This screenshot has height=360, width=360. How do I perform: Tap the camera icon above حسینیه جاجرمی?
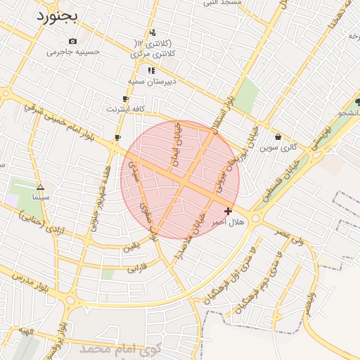73,41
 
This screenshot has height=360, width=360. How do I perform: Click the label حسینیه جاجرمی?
74,52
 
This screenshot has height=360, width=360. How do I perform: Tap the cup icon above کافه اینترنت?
125,99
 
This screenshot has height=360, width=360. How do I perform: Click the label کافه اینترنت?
125,109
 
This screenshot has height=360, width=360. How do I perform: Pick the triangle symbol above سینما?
40,188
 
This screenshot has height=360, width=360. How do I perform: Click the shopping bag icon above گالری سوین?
278,137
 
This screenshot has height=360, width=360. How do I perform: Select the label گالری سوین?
278,148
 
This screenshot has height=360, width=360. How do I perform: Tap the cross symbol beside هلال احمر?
228,211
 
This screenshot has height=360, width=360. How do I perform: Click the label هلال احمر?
228,221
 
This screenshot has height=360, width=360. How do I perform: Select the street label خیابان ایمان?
177,143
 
